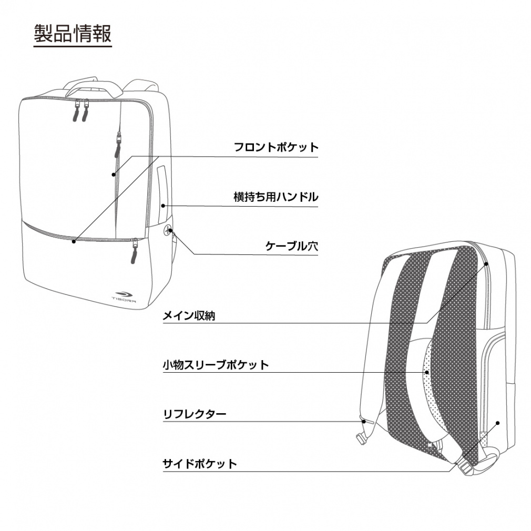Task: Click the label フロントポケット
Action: (x=276, y=147)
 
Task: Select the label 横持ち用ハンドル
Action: (x=275, y=197)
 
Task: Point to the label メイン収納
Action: (x=189, y=315)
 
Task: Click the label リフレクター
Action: (x=195, y=414)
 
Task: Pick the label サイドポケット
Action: (x=200, y=464)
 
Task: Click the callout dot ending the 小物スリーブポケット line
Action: (x=427, y=372)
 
